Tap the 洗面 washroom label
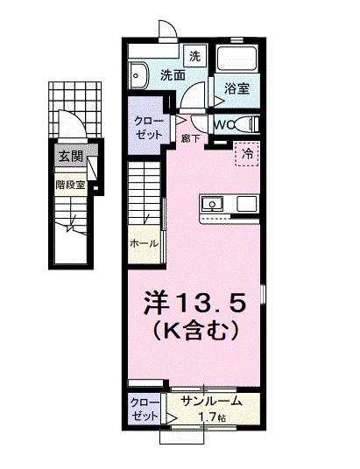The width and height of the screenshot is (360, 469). coord(172,75)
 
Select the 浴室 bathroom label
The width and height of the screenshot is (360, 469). coord(236,88)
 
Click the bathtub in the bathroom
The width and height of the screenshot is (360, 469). coord(236,61)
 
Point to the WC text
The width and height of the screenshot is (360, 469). coord(222,124)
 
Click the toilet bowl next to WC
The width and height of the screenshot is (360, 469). coord(247,124)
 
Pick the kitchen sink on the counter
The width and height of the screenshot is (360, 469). coord(213,204)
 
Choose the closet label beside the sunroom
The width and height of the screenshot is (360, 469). coord(145,409)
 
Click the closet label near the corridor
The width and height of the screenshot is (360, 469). coord(146,129)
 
